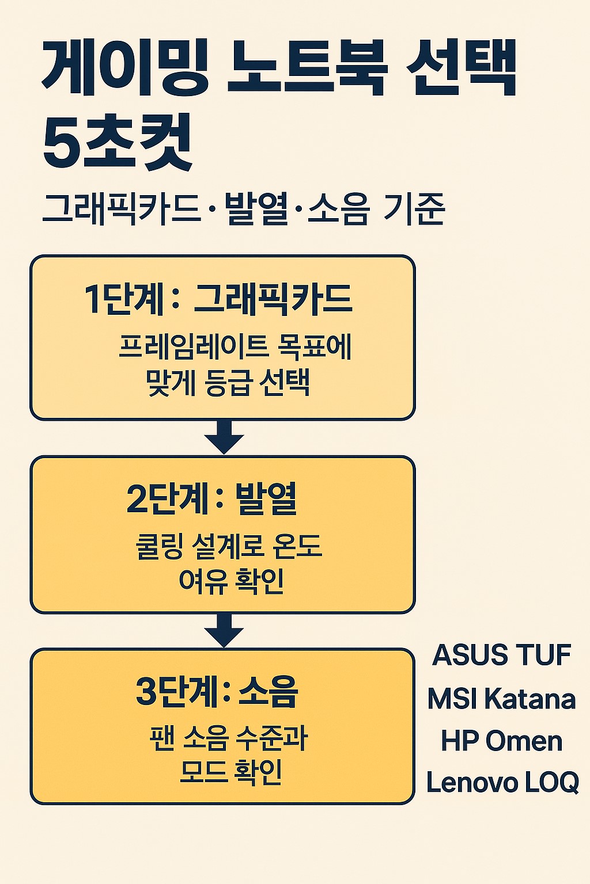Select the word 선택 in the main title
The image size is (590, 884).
(x=461, y=68)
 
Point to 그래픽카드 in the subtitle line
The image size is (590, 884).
(x=121, y=208)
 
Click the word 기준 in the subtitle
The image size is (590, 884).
(x=414, y=208)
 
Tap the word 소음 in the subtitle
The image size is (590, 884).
(x=338, y=208)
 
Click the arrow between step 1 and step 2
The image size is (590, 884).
(x=224, y=437)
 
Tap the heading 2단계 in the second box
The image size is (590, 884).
(x=167, y=498)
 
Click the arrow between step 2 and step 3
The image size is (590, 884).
(x=224, y=631)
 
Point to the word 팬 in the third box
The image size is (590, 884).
(x=161, y=738)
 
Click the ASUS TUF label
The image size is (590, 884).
(x=501, y=655)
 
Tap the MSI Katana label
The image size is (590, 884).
(x=501, y=699)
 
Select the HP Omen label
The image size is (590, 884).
(x=501, y=741)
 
